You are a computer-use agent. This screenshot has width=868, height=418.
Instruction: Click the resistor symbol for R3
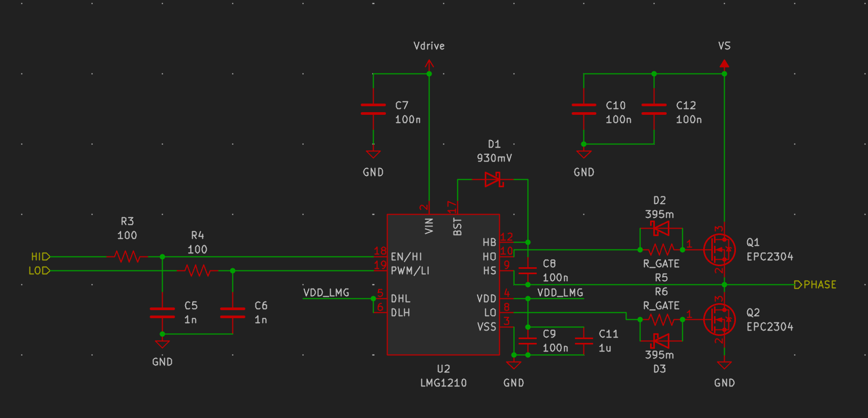point(127,257)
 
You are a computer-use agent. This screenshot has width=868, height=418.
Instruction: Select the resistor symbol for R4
point(198,271)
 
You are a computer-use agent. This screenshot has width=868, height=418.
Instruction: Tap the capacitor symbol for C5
point(162,313)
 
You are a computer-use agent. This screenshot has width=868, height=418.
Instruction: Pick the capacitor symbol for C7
point(373,109)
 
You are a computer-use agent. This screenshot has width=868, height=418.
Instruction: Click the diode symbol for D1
point(494,179)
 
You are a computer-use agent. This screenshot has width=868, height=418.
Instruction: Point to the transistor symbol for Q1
point(719,250)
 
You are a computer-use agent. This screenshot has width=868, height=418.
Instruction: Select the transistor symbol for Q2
point(719,319)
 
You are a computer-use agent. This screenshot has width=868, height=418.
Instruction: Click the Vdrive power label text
point(429,46)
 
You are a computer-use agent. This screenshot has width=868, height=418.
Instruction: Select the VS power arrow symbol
point(724,63)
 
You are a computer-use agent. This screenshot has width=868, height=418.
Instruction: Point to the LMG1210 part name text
point(443,383)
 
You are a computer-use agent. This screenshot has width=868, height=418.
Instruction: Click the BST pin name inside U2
point(457,226)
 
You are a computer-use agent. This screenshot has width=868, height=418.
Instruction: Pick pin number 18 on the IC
point(380,251)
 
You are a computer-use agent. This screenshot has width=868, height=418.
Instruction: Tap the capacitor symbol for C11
point(583,341)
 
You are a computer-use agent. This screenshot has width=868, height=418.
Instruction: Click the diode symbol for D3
point(661,340)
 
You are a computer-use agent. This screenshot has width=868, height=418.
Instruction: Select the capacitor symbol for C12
point(654,109)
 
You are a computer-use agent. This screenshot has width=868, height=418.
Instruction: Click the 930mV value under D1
point(494,158)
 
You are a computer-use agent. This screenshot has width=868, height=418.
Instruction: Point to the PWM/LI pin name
point(410,271)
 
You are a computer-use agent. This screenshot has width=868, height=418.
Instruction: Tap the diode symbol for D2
point(661,229)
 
